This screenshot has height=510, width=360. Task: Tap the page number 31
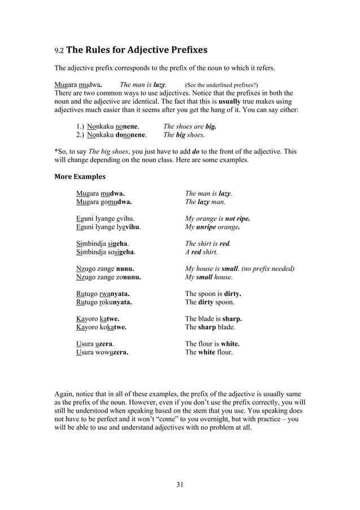(179, 484)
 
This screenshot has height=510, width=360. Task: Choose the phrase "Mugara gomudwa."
(104, 202)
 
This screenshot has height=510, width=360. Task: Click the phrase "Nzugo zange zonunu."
(108, 277)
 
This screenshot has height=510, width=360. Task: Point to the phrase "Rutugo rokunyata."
(104, 302)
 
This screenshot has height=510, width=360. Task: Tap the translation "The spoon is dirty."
(213, 294)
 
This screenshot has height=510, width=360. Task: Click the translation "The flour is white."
(212, 343)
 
